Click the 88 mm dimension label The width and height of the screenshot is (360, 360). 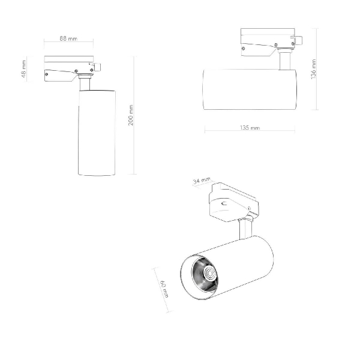tap(68, 38)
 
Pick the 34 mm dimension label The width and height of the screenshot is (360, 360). tap(202, 181)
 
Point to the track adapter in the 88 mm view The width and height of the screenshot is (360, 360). tap(69, 67)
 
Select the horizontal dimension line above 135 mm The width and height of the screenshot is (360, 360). tap(250, 133)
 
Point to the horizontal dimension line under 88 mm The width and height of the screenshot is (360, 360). tap(68, 43)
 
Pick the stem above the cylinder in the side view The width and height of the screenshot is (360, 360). tap(284, 61)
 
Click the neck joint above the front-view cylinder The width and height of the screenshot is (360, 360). tap(86, 83)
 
